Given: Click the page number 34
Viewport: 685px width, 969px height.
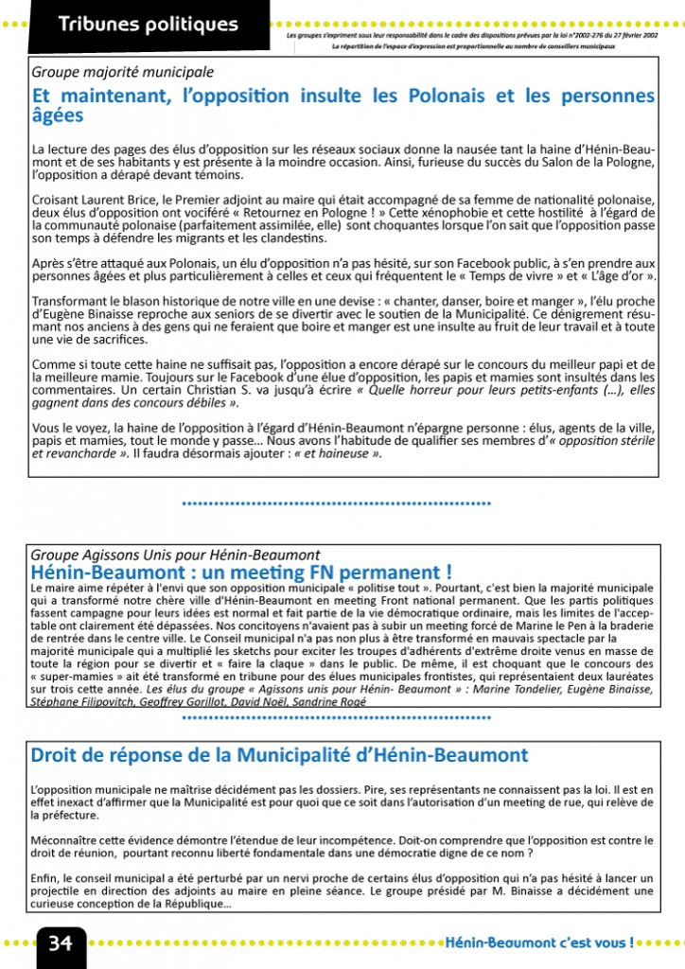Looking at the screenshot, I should (x=61, y=943).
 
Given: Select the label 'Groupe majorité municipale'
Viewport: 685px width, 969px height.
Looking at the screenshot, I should (x=123, y=72).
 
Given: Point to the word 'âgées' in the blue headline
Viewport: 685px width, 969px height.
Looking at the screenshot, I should (x=58, y=116).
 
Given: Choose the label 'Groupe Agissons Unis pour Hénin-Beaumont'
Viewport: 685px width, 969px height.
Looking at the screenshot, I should (x=175, y=555).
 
